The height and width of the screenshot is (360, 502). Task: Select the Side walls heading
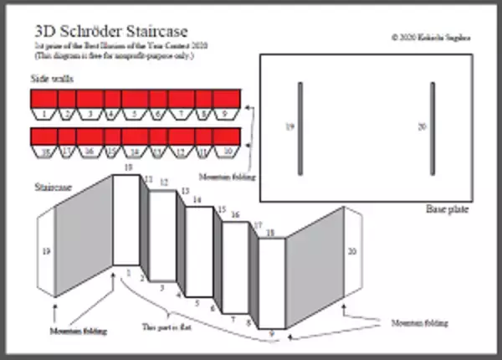pos(52,78)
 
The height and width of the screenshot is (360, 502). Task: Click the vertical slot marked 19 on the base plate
pos(300,128)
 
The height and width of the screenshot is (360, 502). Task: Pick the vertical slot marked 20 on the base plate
pos(433,128)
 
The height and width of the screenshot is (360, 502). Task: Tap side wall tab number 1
pos(43,112)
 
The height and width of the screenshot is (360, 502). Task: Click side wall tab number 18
pos(43,152)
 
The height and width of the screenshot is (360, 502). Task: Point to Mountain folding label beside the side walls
pos(225,177)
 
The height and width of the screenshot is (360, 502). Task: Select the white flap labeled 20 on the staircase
pos(352,250)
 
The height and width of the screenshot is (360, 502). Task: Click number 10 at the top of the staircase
pos(128,168)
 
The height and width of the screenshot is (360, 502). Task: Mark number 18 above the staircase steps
pos(270,232)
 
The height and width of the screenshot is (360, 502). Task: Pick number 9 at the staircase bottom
pos(271,334)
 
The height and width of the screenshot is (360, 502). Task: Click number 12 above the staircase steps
pos(164,182)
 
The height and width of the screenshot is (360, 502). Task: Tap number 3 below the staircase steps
pos(162,287)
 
